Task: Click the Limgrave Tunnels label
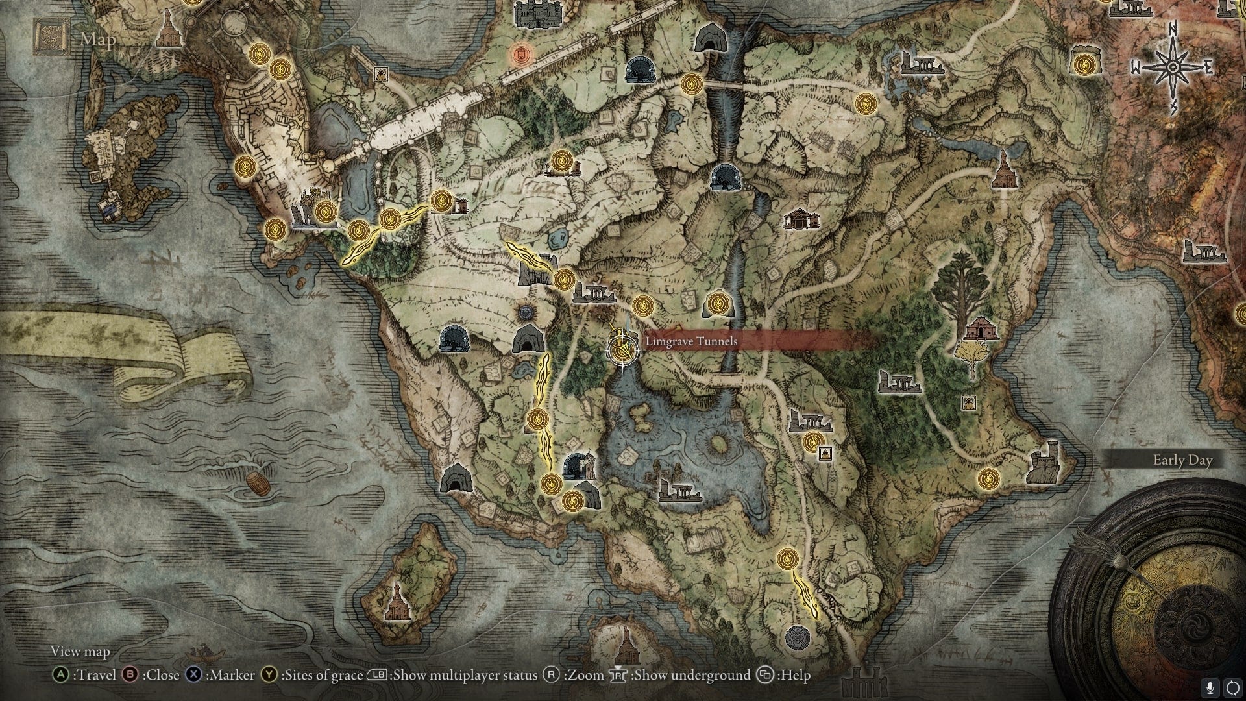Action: click(x=690, y=341)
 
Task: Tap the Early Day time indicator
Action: click(x=1182, y=460)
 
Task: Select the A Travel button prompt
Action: click(x=85, y=675)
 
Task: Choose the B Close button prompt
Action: click(x=151, y=675)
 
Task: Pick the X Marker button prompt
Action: click(x=221, y=675)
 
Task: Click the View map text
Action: click(x=80, y=651)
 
